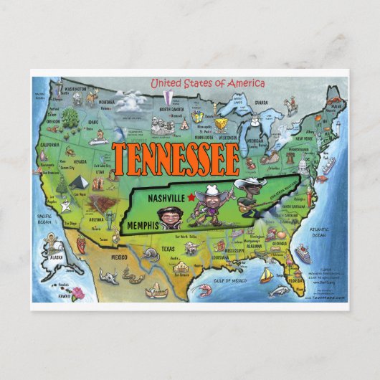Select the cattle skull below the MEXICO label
(108, 274)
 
